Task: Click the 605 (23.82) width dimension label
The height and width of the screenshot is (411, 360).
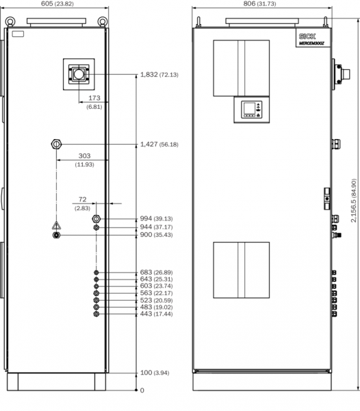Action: (57, 3)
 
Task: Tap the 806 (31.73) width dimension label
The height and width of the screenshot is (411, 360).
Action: (259, 3)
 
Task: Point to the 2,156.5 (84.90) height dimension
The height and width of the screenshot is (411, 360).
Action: (353, 201)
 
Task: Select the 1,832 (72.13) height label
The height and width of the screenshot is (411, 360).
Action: (159, 75)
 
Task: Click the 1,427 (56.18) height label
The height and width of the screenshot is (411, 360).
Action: (159, 145)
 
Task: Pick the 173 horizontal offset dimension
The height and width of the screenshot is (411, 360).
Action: (94, 101)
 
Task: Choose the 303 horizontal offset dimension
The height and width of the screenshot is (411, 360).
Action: (84, 160)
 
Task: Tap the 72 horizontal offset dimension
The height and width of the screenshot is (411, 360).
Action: (82, 203)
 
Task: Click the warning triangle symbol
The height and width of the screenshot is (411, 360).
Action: (56, 225)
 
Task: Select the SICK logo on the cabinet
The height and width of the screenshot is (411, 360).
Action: (307, 36)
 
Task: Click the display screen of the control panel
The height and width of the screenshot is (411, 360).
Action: (249, 108)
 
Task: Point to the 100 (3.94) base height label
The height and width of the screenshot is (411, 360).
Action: (155, 373)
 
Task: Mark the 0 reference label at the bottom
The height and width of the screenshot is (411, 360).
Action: (142, 390)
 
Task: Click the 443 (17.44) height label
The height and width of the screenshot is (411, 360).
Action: (156, 314)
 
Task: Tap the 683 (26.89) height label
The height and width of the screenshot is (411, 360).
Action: (156, 273)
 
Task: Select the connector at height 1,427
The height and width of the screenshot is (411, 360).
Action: (56, 144)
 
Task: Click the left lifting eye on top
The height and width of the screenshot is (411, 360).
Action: (10, 21)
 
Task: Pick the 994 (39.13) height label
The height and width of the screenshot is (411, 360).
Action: (156, 219)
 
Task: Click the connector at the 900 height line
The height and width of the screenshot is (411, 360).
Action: (56, 235)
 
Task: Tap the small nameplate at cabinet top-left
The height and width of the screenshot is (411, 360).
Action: (18, 34)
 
